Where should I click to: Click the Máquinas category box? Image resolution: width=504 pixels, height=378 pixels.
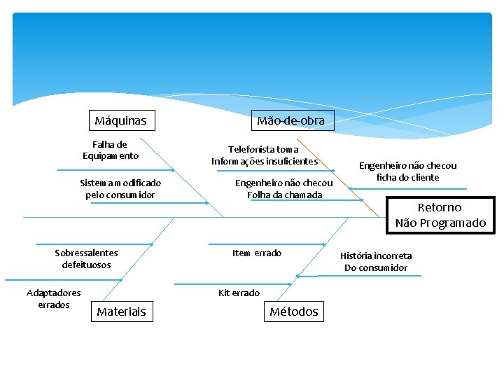pyautogui.click(x=121, y=120)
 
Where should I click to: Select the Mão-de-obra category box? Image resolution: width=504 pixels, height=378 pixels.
pyautogui.click(x=290, y=120)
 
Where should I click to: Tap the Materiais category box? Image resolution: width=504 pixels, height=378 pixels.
pyautogui.click(x=121, y=311)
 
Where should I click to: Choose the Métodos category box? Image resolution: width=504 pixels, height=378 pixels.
pyautogui.click(x=294, y=311)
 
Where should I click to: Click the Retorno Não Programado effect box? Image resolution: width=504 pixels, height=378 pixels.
pyautogui.click(x=440, y=215)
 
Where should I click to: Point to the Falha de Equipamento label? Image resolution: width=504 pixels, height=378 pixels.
pyautogui.click(x=111, y=150)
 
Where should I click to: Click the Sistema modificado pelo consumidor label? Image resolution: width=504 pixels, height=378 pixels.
pyautogui.click(x=120, y=188)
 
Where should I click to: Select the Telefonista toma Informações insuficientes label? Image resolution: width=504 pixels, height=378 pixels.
pyautogui.click(x=265, y=155)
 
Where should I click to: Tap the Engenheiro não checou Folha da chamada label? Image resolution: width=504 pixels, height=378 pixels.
pyautogui.click(x=284, y=188)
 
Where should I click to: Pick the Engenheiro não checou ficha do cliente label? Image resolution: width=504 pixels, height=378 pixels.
pyautogui.click(x=407, y=171)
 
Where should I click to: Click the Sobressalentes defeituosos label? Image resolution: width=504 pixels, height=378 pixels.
pyautogui.click(x=86, y=258)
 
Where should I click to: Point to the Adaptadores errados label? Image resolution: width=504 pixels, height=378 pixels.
pyautogui.click(x=54, y=298)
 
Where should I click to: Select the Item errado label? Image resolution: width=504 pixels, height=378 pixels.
pyautogui.click(x=257, y=253)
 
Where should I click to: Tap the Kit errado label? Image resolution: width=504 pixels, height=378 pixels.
pyautogui.click(x=239, y=293)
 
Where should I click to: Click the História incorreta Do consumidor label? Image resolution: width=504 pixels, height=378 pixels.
pyautogui.click(x=376, y=261)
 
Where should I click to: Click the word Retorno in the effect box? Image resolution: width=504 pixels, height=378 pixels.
pyautogui.click(x=440, y=207)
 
